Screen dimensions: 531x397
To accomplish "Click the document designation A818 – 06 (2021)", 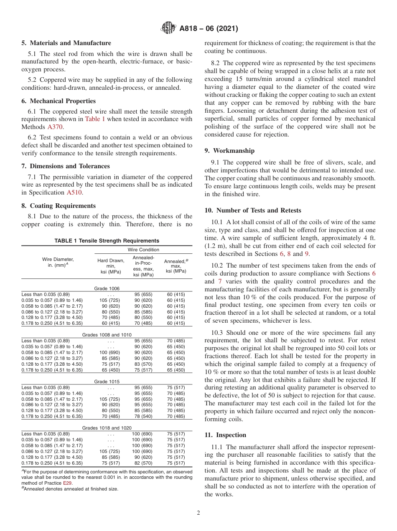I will (x=209, y=29).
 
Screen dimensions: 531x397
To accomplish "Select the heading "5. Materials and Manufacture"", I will (x=66, y=43).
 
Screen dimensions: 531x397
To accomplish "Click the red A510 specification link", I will (x=74, y=192).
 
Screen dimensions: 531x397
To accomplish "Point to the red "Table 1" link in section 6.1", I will (x=95, y=119).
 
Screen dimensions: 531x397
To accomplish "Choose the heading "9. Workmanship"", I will (x=229, y=151).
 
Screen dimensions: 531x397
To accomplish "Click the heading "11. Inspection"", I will (x=225, y=435).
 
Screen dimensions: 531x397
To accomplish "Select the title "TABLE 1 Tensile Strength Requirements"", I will (x=107, y=241).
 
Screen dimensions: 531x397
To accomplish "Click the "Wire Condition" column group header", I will (x=143, y=250).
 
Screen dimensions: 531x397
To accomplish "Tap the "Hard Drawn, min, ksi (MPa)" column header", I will (x=111, y=266).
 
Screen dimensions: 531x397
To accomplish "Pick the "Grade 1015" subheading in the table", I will (x=107, y=381).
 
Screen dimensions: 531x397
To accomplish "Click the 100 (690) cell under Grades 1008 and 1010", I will (x=111, y=353).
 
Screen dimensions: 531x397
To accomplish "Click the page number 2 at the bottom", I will (x=198, y=513).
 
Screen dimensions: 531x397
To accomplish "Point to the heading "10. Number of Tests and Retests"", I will (x=253, y=210).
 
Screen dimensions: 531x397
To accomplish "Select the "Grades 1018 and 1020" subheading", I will (x=107, y=428).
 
